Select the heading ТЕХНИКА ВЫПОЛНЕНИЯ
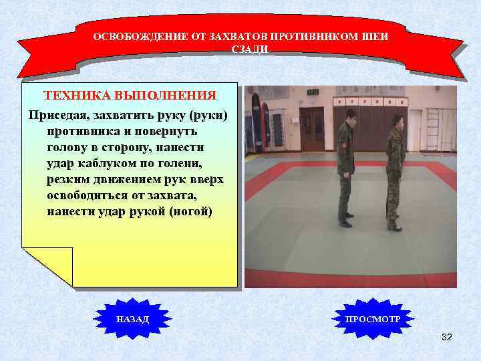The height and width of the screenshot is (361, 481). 130,95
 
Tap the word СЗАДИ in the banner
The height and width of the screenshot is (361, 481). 249,49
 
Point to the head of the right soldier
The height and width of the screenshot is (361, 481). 396,120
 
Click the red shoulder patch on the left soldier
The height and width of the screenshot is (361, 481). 344,143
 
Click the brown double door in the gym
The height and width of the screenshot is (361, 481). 312,129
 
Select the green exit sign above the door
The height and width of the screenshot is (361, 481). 312,93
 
